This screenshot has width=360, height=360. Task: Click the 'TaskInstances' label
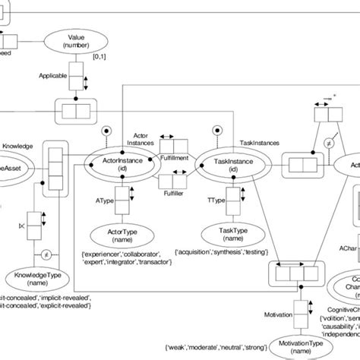(x=260, y=141)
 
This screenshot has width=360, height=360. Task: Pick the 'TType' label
(x=216, y=201)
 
